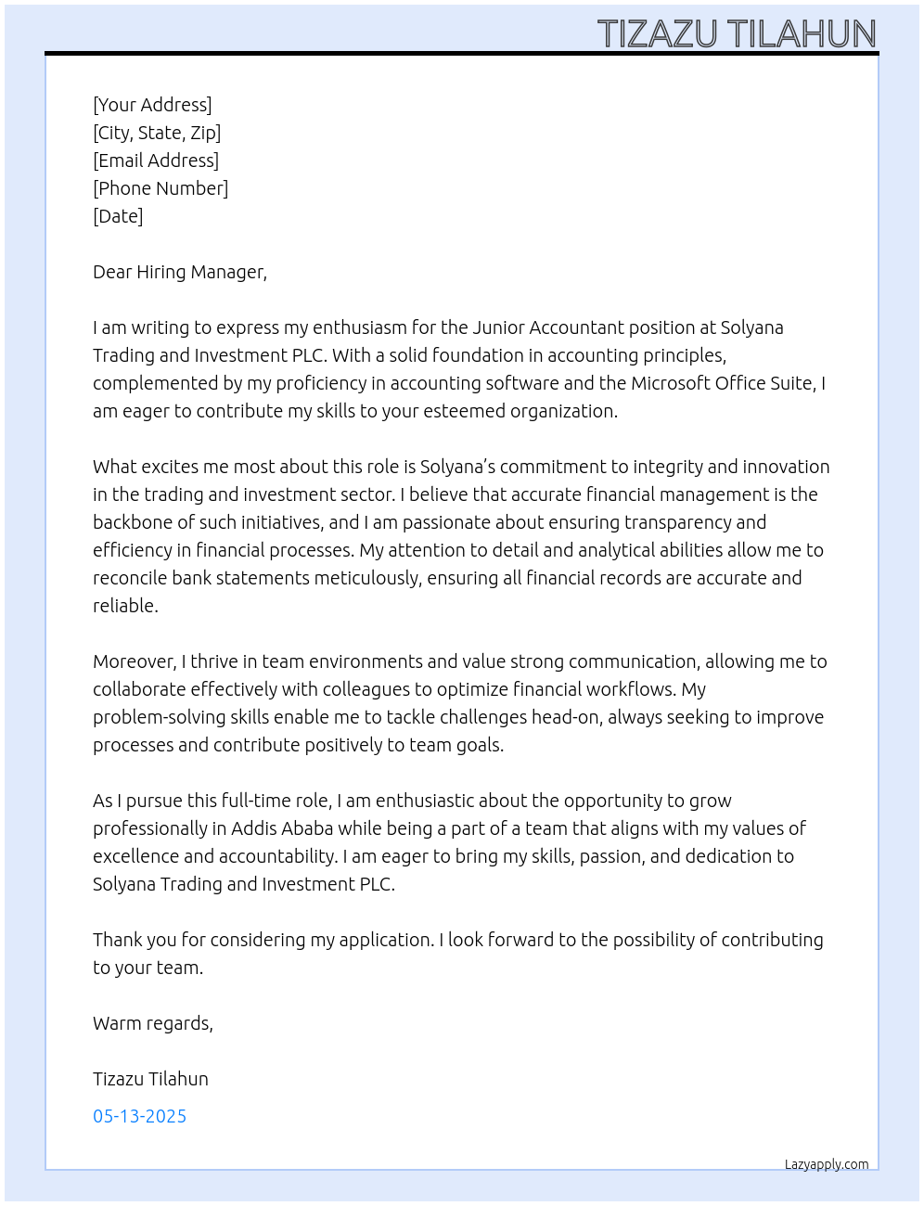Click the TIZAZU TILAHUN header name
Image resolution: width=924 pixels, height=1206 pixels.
[x=737, y=34]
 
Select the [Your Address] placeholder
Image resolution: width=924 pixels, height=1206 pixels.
[x=152, y=105]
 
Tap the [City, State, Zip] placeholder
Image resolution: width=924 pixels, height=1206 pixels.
[x=157, y=133]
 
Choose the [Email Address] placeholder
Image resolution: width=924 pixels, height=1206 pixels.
[x=156, y=160]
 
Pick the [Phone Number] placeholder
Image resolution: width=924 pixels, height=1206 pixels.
[x=160, y=188]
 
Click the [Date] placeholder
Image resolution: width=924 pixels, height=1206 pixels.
[x=118, y=216]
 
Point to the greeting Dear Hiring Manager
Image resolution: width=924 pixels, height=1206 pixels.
[x=179, y=272]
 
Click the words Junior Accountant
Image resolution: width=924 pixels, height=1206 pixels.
[x=548, y=327]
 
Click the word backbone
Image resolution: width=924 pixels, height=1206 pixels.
[x=133, y=522]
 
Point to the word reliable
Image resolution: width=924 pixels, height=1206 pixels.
[x=124, y=606]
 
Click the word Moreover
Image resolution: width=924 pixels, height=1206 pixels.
[x=134, y=661]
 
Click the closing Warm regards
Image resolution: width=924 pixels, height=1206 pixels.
[x=152, y=1023]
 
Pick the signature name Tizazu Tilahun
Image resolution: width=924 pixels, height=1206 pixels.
[x=150, y=1079]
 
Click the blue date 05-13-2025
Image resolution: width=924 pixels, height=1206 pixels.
[x=139, y=1116]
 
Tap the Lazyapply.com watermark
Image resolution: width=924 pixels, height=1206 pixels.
[x=827, y=1164]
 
